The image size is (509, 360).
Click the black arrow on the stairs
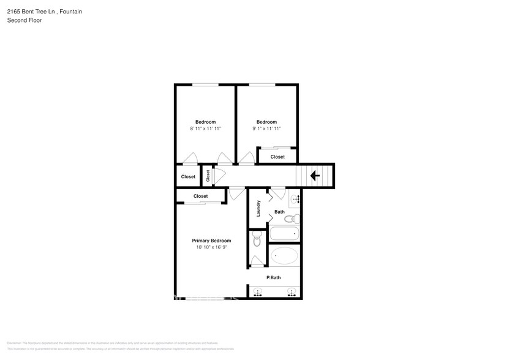pos(315,176)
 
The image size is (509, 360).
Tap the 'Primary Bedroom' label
pos(211,241)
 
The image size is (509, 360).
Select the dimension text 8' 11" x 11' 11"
pos(205,129)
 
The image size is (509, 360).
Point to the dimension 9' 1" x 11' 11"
pos(266,129)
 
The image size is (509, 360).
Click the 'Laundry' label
pos(259,208)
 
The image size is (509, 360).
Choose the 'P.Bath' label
pos(273,277)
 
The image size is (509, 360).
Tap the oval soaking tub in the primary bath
pos(284,255)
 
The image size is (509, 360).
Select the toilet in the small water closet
pos(257,240)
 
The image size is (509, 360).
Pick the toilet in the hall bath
pos(291,218)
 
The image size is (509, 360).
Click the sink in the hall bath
pos(295,198)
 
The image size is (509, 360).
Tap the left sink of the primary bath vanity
pos(258,293)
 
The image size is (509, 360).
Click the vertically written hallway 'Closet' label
pos(208,176)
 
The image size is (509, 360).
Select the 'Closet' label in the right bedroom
pos(277,157)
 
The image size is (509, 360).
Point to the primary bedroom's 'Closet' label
pos(200,196)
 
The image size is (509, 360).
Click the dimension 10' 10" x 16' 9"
pos(211,248)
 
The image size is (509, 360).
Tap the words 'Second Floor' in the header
pos(23,20)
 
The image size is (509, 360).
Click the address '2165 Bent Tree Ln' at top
pos(32,12)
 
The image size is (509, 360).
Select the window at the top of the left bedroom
pos(205,84)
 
